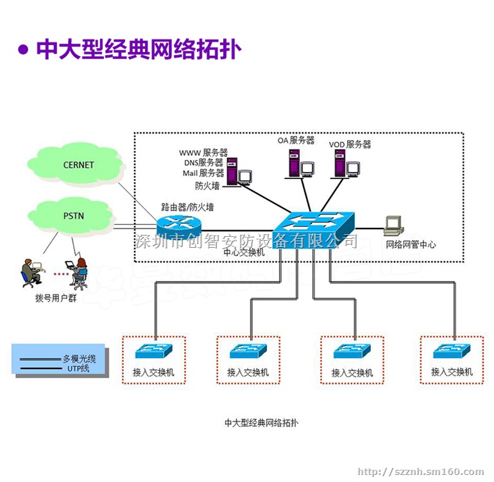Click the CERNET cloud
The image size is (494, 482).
[78, 165]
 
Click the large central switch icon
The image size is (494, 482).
[314, 227]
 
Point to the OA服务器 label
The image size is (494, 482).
[296, 140]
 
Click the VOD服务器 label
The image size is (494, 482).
[350, 144]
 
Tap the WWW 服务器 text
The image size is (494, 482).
[203, 153]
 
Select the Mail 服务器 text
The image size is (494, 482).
[203, 173]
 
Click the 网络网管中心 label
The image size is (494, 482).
[411, 245]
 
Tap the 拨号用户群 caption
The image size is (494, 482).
[55, 298]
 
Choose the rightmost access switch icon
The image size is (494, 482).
[452, 351]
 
